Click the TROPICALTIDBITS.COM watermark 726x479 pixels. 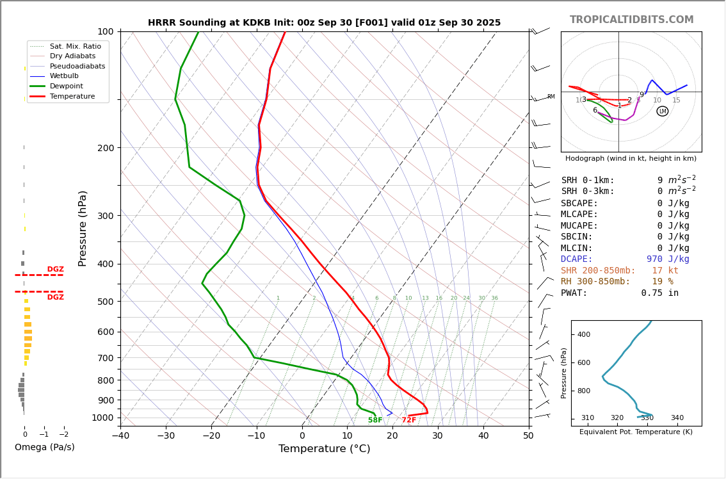(x=631, y=20)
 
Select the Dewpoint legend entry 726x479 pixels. (x=67, y=86)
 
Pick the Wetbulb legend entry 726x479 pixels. (x=64, y=76)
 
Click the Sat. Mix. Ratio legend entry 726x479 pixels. (x=75, y=46)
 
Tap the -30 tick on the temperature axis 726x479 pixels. (x=166, y=435)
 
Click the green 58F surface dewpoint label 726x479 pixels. (x=375, y=420)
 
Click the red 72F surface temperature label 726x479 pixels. (x=409, y=420)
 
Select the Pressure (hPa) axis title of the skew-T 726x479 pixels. (x=83, y=228)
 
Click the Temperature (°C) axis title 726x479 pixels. (x=324, y=449)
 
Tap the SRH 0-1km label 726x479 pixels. (x=588, y=181)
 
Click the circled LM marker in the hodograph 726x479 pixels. (x=662, y=111)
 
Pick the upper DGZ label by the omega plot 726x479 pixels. (x=55, y=270)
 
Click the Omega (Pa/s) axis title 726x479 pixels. (x=45, y=448)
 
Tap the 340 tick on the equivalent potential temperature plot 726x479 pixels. (x=677, y=418)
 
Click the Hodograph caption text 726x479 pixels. (x=631, y=158)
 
